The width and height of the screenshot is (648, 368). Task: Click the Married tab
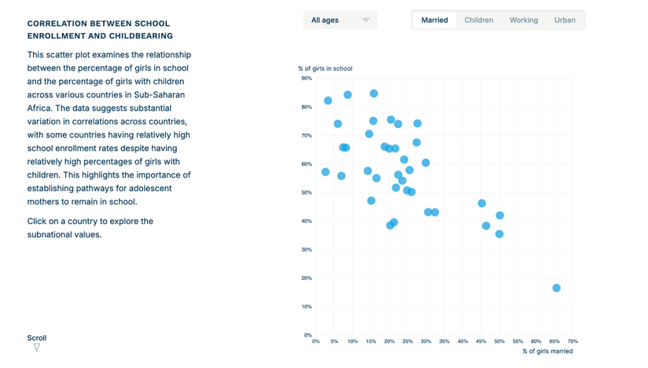click(435, 20)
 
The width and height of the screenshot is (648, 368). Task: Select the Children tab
click(478, 20)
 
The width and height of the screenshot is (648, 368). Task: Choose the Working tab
click(523, 20)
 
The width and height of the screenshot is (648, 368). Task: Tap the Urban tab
click(564, 20)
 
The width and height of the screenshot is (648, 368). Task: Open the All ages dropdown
click(340, 20)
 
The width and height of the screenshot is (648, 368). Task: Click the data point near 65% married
click(556, 288)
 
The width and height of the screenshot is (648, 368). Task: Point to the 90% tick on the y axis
click(307, 79)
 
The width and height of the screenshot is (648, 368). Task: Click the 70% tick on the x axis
click(573, 341)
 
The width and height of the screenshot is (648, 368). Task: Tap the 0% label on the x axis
click(316, 341)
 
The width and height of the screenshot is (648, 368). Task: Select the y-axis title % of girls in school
click(325, 68)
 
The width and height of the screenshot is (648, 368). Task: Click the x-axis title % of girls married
click(547, 351)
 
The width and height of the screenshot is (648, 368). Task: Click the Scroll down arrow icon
click(37, 348)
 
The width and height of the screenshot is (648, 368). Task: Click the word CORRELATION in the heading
click(56, 23)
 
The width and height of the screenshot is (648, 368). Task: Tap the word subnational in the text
click(49, 234)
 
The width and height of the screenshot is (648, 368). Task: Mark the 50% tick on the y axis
click(307, 193)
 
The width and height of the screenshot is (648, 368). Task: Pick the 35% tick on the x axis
click(444, 341)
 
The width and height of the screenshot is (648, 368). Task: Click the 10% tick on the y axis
click(307, 307)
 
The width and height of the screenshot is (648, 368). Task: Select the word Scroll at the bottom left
click(37, 338)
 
